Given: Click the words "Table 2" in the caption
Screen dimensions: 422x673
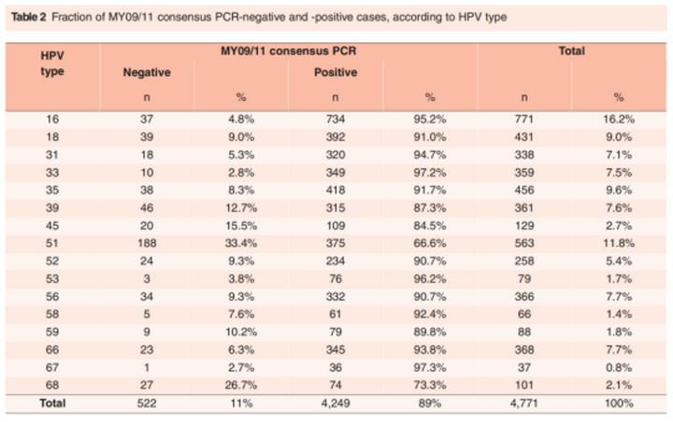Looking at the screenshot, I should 22,18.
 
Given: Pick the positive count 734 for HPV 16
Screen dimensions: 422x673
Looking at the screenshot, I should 336,119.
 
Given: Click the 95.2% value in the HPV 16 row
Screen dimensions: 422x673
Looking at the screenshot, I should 431,119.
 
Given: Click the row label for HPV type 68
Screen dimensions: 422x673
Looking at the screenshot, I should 52,383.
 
